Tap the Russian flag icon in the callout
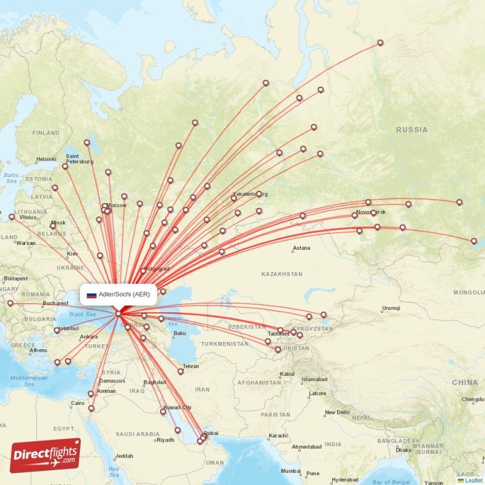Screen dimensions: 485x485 pos(92,295)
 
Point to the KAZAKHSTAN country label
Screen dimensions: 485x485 pos(282,274)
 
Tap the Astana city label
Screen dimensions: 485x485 pos(301,248)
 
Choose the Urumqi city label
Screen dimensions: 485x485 pos(391,308)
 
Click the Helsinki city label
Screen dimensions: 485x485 pos(46,159)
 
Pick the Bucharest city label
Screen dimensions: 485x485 pos(55,303)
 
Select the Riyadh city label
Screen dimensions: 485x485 pos(165,440)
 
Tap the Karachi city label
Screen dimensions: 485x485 pos(279,435)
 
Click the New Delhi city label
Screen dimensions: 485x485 pos(336,412)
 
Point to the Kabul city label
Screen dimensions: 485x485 pos(287,373)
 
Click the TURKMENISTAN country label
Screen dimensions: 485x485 pos(224,343)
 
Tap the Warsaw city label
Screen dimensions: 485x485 pos(26,243)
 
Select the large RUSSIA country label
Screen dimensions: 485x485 pos(412,130)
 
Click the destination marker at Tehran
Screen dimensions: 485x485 pos(181,372)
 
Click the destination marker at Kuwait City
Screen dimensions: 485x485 pos(162,412)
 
